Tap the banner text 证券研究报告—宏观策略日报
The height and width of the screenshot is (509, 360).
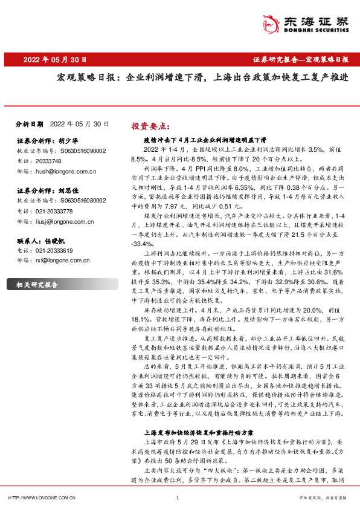click(x=300, y=60)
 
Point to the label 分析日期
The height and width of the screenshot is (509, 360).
click(x=28, y=123)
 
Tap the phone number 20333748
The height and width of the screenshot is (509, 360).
click(x=49, y=161)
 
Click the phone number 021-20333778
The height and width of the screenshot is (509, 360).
click(x=55, y=212)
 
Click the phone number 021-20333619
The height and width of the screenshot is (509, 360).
click(x=55, y=251)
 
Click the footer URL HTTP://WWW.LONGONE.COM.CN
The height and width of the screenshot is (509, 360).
click(x=42, y=498)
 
